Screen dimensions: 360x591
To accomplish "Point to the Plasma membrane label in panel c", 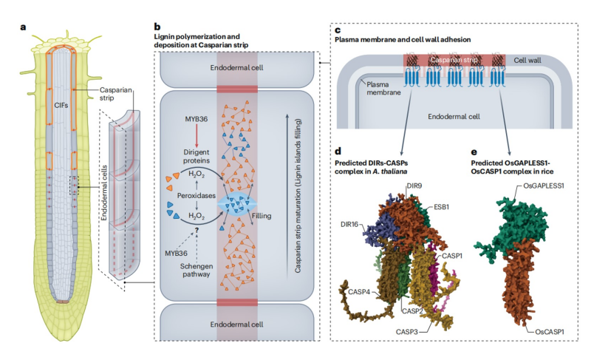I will (381, 86).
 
